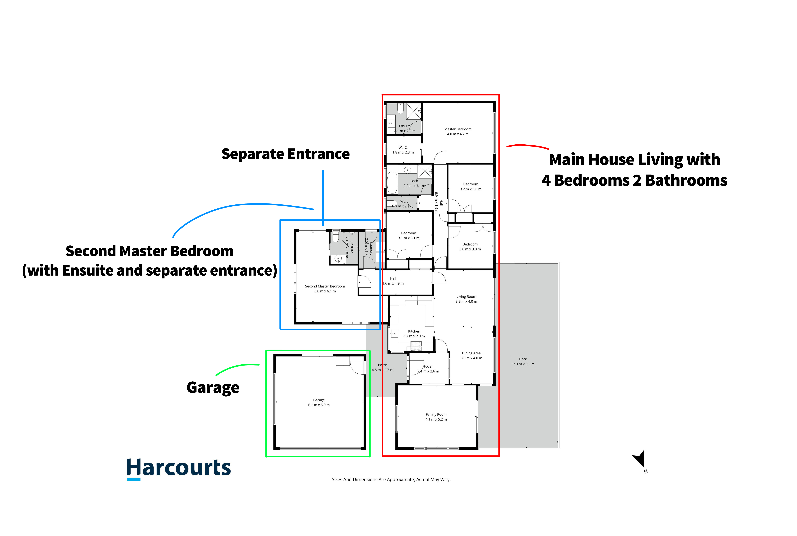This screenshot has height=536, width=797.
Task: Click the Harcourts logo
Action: point(179,469)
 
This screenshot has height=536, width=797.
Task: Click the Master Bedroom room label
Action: point(458,129)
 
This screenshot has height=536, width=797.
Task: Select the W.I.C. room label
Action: point(403,147)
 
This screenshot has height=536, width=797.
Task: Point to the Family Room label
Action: point(436,414)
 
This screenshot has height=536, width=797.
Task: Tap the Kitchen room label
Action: point(414,331)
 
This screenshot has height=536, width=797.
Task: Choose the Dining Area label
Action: point(471,353)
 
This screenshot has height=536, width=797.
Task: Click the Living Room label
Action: point(466,297)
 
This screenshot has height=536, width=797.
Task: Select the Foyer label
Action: point(428,366)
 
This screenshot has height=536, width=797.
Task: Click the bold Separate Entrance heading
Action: point(286,154)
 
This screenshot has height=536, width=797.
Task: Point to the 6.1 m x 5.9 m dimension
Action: point(319,405)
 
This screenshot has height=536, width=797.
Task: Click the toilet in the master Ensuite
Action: point(401,109)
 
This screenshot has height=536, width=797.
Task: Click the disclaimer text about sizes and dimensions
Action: point(391,480)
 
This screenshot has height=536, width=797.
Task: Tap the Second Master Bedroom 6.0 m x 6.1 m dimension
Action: point(325,291)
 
